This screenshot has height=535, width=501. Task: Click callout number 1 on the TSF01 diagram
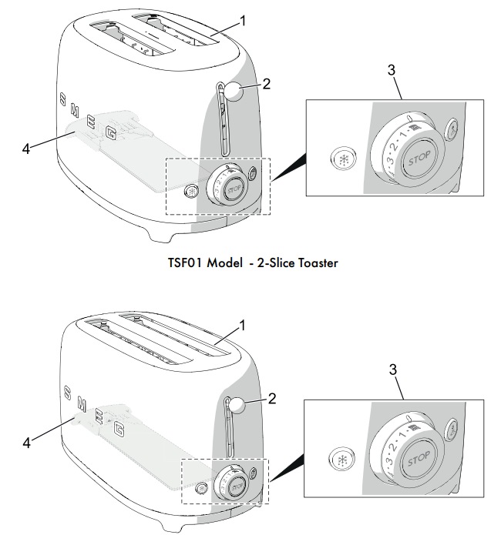point(243,22)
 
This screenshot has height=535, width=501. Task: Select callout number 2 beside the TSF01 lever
point(266,84)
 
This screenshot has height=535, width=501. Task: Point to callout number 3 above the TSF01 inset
point(392,70)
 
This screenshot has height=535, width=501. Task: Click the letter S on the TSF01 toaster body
point(62,99)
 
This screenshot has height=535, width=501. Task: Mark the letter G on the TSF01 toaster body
point(111,135)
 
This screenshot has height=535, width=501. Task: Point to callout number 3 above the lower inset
point(392,369)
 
